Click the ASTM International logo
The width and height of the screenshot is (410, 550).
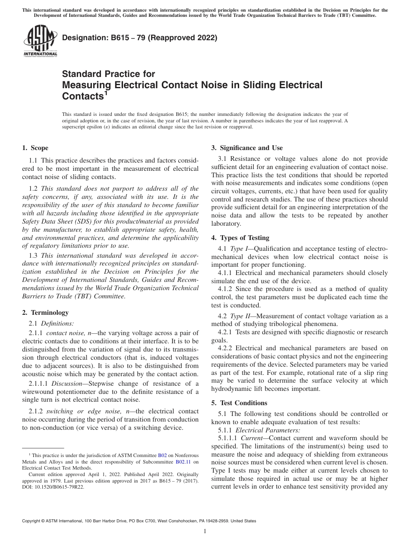point(40,41)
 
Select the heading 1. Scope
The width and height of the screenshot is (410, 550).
point(35,148)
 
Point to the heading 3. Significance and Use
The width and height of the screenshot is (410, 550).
point(247,148)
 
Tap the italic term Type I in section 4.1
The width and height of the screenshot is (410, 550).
point(237,249)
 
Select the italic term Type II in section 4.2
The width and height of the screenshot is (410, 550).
point(238,316)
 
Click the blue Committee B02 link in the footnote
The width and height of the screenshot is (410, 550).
point(162,455)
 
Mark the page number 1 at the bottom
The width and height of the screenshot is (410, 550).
point(205,531)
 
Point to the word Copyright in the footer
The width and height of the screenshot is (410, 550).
point(32,521)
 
